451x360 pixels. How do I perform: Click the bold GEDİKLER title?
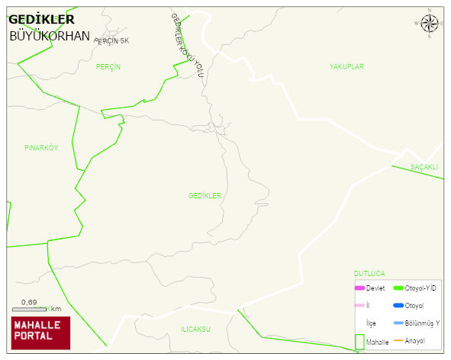41,20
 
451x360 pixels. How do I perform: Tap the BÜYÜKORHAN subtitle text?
50,36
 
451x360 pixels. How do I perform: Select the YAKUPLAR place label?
346,67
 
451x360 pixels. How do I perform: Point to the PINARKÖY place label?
41,148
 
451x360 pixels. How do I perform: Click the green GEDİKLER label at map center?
205,196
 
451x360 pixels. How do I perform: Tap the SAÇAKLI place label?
424,167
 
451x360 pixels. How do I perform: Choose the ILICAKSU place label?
195,329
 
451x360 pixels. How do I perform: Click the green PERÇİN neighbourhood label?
108,67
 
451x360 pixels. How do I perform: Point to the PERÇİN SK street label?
112,40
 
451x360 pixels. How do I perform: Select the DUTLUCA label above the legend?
369,273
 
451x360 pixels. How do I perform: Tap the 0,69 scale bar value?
29,302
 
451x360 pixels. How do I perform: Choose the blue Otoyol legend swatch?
398,305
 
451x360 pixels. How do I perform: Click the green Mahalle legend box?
359,342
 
